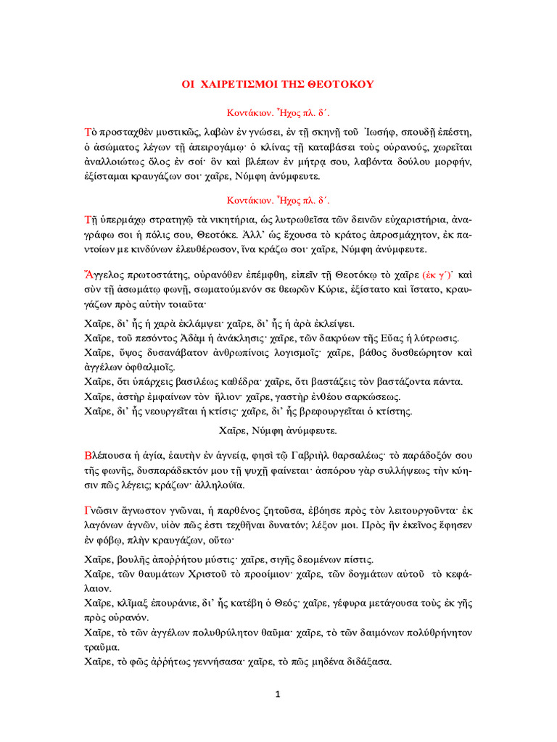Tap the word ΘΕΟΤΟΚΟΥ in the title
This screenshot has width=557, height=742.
(340, 84)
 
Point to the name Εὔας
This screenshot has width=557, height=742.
(384, 338)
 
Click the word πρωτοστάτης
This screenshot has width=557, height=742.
(160, 276)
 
